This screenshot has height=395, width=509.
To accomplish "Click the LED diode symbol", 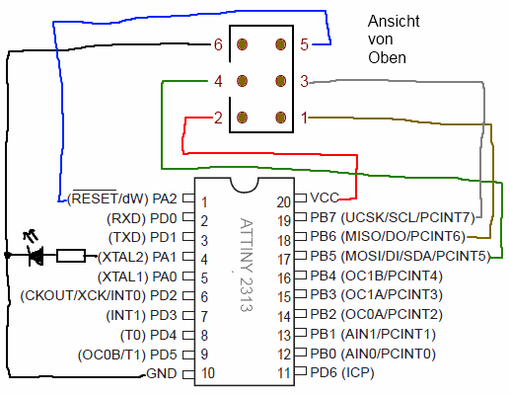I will pyautogui.click(x=36, y=257).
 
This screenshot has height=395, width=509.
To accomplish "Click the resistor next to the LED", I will pyautogui.click(x=71, y=257).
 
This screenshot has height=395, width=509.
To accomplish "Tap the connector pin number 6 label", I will pyautogui.click(x=218, y=44).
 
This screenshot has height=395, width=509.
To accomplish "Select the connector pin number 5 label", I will pyautogui.click(x=305, y=44).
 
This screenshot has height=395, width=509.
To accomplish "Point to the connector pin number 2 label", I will pyautogui.click(x=218, y=118).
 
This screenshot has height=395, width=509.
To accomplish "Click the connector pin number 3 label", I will pyautogui.click(x=305, y=81).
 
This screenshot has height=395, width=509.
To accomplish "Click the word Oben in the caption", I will pyautogui.click(x=387, y=58).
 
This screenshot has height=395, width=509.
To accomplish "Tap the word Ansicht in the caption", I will pyautogui.click(x=394, y=21).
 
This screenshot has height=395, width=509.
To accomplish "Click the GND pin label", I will pyautogui.click(x=161, y=373).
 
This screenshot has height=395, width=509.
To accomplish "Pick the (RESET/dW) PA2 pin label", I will pyautogui.click(x=122, y=199).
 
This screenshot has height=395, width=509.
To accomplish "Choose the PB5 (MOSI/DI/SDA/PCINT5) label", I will pyautogui.click(x=400, y=257).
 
